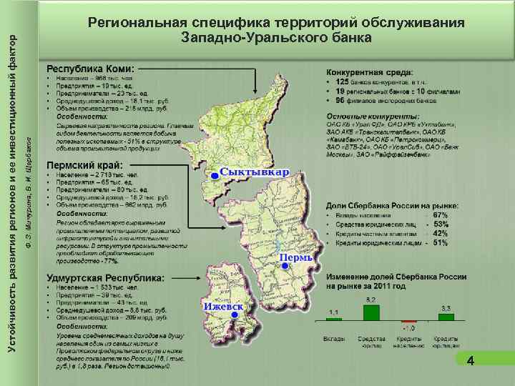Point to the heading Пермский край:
tap(84, 166)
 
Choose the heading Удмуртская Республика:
tap(105, 277)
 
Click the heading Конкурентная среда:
tap(369, 72)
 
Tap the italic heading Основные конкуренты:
tap(373, 116)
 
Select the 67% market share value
tap(441, 214)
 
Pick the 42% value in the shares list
tap(441, 234)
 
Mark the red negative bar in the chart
tap(408, 322)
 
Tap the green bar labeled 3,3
tap(446, 317)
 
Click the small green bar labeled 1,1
tap(333, 320)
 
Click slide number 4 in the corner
tap(470, 362)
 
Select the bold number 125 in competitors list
tap(343, 83)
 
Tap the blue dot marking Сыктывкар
tap(213, 176)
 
